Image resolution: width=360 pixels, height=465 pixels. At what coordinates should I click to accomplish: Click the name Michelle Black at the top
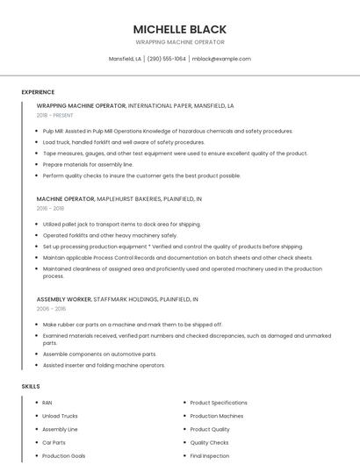coord(179,29)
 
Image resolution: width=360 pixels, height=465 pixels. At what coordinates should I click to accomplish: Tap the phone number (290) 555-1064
coord(166,59)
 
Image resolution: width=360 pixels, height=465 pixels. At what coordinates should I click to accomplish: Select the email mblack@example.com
coord(221,59)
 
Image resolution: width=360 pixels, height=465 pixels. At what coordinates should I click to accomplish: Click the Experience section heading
coord(39,91)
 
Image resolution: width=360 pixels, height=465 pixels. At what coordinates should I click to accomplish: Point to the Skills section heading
coord(31,386)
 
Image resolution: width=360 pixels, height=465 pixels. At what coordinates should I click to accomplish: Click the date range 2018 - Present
coord(55,115)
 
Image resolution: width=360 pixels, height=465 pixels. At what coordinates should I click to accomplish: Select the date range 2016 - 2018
coord(50,209)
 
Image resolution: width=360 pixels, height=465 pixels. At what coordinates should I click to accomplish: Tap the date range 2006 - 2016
coord(50,309)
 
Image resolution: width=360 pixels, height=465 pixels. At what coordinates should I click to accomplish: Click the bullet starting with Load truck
coord(124,142)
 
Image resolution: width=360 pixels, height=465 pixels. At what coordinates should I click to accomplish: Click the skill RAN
coord(47,403)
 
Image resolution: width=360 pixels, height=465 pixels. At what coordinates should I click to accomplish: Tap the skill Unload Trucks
coord(60,416)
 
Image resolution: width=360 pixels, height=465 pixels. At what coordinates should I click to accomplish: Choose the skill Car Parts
coord(54,443)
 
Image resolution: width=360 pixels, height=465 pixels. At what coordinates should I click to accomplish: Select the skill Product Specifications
coord(219,403)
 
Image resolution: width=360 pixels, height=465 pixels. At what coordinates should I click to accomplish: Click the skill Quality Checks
coord(209,443)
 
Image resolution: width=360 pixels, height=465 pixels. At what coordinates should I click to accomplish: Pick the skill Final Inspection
coord(209,456)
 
